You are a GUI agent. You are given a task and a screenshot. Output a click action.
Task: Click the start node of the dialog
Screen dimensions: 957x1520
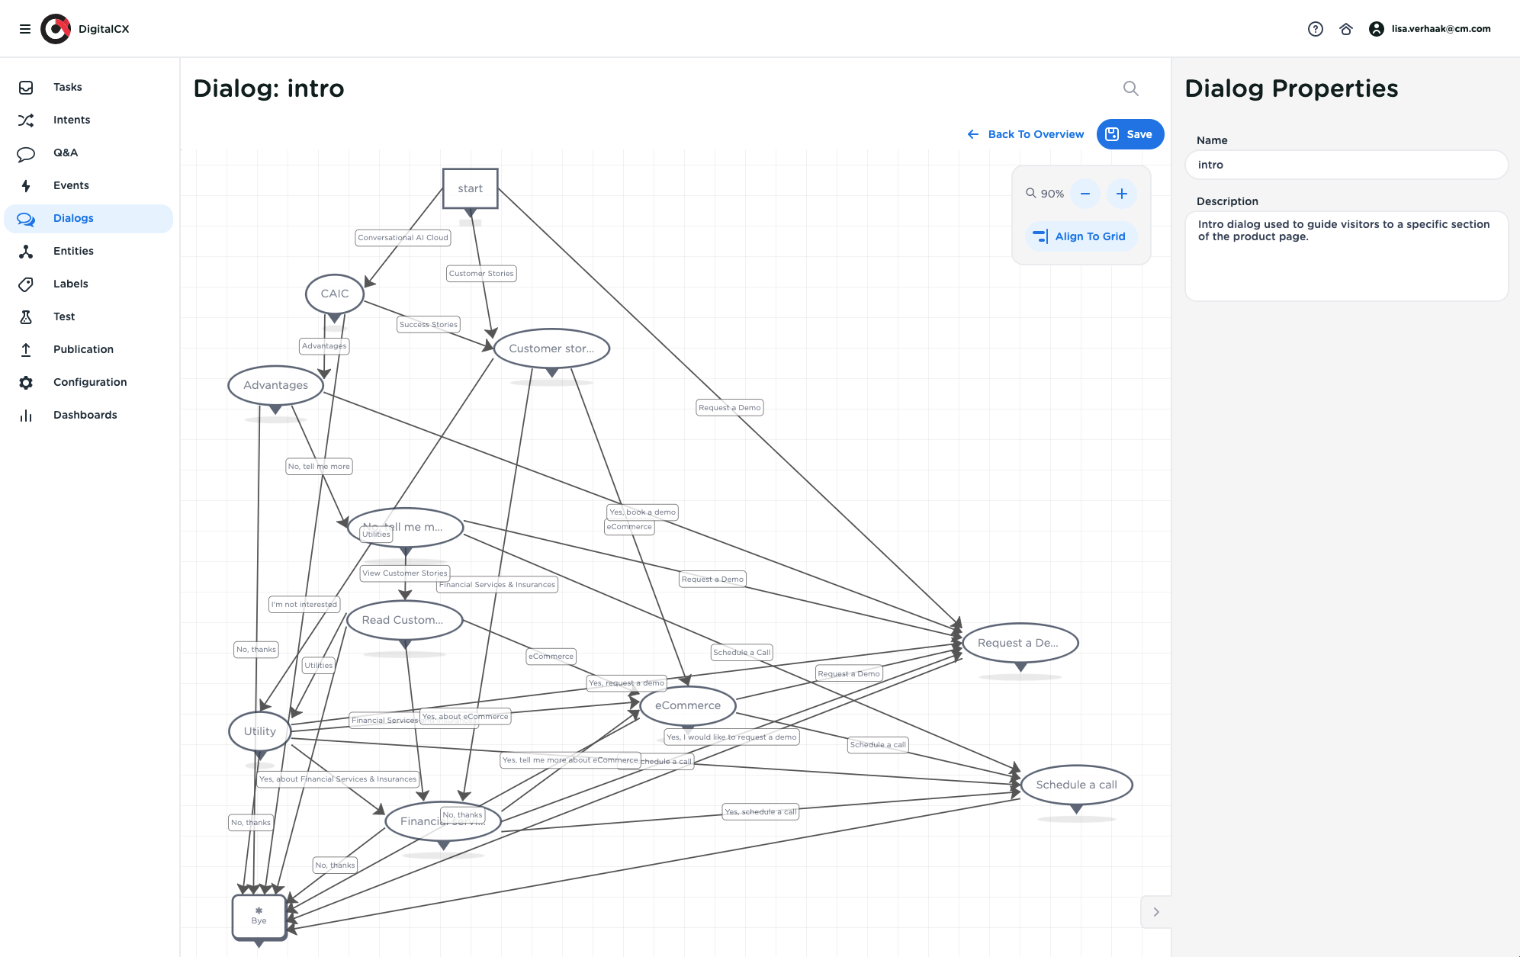pyautogui.click(x=470, y=188)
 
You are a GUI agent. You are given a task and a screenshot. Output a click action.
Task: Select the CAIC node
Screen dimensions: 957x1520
pyautogui.click(x=334, y=294)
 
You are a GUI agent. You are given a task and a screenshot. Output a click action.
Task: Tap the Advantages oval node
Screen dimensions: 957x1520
pyautogui.click(x=275, y=385)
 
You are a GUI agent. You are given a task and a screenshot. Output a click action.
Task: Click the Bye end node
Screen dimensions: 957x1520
pyautogui.click(x=259, y=917)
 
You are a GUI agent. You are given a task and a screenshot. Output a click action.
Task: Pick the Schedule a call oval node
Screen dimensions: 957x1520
pyautogui.click(x=1076, y=785)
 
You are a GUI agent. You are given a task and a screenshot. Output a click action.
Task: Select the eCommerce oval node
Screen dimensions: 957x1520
pyautogui.click(x=687, y=705)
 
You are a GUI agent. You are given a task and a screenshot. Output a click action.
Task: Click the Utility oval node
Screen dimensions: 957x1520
pyautogui.click(x=259, y=731)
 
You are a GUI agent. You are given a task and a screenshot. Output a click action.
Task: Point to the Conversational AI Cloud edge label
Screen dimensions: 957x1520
pyautogui.click(x=403, y=238)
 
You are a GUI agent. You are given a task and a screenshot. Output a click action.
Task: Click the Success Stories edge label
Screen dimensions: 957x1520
pyautogui.click(x=428, y=325)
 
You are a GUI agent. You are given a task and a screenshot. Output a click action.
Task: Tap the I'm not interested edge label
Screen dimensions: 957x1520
pyautogui.click(x=304, y=605)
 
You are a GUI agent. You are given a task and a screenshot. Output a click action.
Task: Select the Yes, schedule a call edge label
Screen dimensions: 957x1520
pyautogui.click(x=760, y=812)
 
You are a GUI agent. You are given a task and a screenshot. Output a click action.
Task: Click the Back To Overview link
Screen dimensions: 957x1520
pyautogui.click(x=1026, y=134)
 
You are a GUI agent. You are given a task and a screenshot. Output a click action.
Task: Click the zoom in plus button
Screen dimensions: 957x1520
pyautogui.click(x=1121, y=194)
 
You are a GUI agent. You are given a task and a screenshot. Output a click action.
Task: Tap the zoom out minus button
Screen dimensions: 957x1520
pyautogui.click(x=1085, y=194)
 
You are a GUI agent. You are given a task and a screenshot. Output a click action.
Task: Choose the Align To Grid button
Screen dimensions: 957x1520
pyautogui.click(x=1081, y=236)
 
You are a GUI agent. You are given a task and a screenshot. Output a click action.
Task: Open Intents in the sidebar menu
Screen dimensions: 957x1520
pyautogui.click(x=72, y=120)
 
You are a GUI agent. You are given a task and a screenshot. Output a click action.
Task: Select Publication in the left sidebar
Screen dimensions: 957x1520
pyautogui.click(x=83, y=349)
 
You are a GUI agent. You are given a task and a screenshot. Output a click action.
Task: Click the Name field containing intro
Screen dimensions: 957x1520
pyautogui.click(x=1346, y=165)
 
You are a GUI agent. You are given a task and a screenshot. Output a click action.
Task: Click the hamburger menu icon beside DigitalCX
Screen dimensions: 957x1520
pyautogui.click(x=25, y=29)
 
